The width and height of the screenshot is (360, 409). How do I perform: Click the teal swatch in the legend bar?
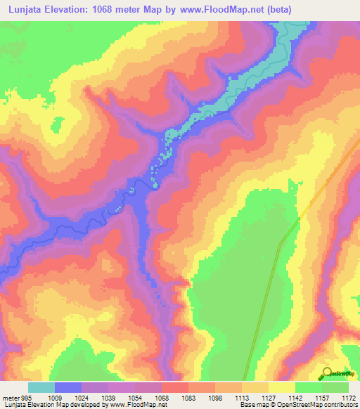pyautogui.click(x=41, y=387)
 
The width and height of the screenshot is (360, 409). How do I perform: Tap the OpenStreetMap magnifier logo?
pyautogui.click(x=328, y=373)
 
